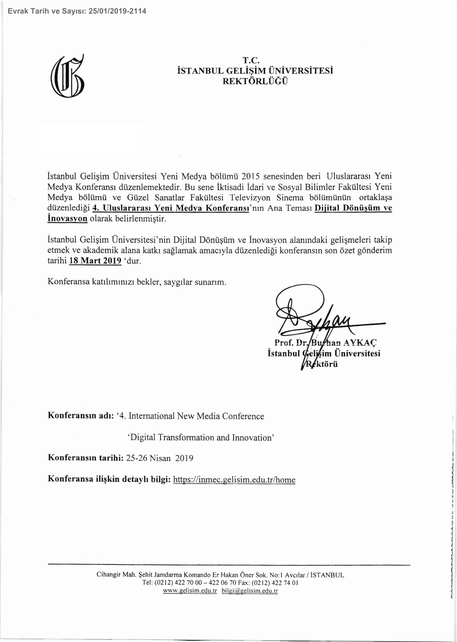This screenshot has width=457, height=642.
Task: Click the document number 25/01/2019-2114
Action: click(x=117, y=11)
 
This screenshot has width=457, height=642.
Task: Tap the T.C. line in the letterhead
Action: click(x=251, y=60)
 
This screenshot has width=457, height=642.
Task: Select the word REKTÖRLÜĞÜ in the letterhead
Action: click(x=255, y=81)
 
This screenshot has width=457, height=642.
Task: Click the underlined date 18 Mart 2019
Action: click(x=95, y=261)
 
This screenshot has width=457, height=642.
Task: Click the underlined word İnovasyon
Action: click(x=67, y=218)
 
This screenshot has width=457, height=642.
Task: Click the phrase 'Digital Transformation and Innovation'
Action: click(x=201, y=437)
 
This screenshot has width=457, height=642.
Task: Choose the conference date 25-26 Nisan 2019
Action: click(x=160, y=458)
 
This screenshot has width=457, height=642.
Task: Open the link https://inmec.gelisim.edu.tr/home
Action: click(x=234, y=480)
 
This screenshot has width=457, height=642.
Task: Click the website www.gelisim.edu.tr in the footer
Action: click(x=190, y=591)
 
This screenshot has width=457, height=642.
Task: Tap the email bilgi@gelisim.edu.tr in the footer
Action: click(x=250, y=591)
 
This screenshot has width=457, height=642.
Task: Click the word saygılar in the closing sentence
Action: click(x=175, y=282)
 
